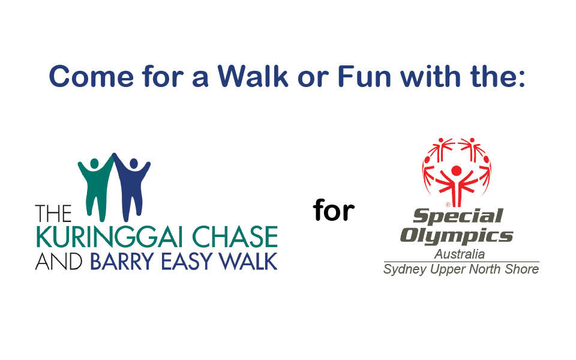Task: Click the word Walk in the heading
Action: [x=253, y=76]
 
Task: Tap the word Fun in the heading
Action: [x=364, y=76]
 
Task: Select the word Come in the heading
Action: [x=91, y=76]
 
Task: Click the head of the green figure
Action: [x=94, y=163]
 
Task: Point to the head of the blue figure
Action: [x=134, y=163]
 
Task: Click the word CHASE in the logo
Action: [x=235, y=237]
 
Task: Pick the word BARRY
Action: [x=122, y=261]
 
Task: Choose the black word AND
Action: [x=59, y=261]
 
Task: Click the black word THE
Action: [x=53, y=214]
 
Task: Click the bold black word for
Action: [x=334, y=210]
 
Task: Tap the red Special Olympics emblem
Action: [x=456, y=172]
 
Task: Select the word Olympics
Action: [x=456, y=236]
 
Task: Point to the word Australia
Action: [x=460, y=254]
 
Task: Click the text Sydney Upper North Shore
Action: [x=461, y=269]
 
